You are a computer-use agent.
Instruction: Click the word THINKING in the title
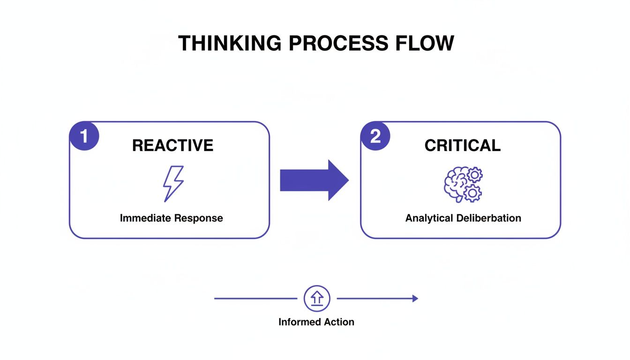point(230,43)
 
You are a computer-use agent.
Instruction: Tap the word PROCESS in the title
point(338,43)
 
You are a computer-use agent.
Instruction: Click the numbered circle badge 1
point(84,136)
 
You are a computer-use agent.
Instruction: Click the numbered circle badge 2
point(375,136)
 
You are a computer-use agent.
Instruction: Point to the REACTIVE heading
point(172,145)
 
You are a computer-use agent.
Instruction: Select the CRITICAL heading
point(462,145)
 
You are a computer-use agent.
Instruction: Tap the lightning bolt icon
point(173,184)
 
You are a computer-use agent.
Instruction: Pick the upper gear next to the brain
point(475,175)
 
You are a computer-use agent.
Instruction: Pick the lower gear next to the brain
point(472,193)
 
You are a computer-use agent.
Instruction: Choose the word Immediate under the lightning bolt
point(145,218)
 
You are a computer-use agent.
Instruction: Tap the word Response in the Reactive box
point(198,218)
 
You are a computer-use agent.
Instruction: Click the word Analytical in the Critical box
point(428,218)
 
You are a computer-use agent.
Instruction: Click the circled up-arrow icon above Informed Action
point(317,298)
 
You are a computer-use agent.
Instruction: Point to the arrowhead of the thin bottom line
point(415,298)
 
